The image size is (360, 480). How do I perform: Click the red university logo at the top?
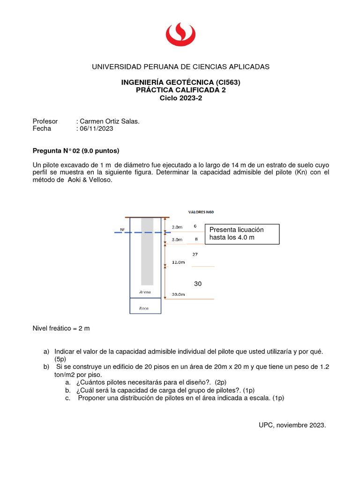pos(180,35)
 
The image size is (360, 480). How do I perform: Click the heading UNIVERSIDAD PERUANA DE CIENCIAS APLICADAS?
pos(180,67)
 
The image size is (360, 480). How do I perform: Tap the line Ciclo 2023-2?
pos(180,98)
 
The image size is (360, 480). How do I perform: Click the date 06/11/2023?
pos(96,128)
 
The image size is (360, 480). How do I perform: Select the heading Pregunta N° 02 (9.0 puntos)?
pos(75,150)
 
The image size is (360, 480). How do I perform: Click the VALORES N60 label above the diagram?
pos(201,211)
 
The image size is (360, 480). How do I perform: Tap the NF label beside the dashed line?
pos(123,230)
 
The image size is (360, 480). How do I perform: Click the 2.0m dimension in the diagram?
pos(178,227)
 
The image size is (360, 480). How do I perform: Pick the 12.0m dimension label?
pos(179,262)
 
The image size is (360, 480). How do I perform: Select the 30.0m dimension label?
pos(179,294)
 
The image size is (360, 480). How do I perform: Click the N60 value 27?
pos(195,254)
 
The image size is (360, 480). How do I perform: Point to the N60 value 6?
pos(195,225)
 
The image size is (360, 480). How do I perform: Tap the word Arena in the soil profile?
pos(145,292)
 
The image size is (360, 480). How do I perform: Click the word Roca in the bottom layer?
pos(145,308)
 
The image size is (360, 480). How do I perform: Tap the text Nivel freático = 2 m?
pos(61,328)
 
